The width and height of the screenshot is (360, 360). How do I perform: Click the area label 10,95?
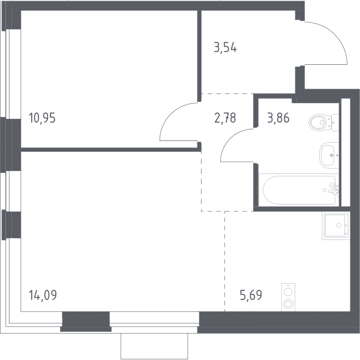tap(42, 118)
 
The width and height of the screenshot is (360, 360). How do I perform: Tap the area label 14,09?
tap(43, 295)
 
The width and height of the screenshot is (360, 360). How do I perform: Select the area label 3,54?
tap(225, 48)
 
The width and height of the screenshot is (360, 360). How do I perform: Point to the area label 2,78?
tap(225, 118)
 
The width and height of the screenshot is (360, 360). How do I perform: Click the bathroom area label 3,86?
tap(278, 118)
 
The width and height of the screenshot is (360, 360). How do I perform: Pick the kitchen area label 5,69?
tap(251, 295)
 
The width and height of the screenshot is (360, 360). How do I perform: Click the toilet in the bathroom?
tap(324, 122)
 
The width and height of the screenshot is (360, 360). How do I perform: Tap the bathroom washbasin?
tap(329, 155)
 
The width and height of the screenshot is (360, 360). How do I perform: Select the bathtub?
tap(299, 190)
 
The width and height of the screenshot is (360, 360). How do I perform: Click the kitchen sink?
tap(336, 226)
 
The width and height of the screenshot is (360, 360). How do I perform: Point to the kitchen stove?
tap(288, 298)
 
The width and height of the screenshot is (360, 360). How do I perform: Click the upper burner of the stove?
tap(288, 292)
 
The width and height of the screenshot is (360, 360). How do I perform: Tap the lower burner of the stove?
tap(288, 304)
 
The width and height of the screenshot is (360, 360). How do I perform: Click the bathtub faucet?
tap(334, 189)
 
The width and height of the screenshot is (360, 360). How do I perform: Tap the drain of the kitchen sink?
tap(339, 226)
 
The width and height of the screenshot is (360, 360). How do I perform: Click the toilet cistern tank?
tap(335, 123)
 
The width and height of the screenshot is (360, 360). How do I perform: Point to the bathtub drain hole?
tap(325, 190)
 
